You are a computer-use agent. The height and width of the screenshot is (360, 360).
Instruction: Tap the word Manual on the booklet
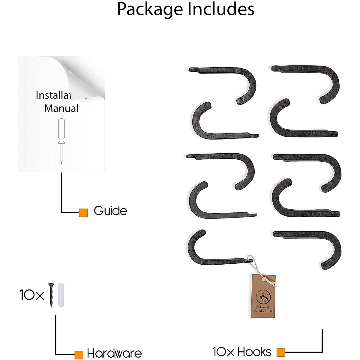click(61, 108)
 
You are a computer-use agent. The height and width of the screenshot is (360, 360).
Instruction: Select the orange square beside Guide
click(83, 213)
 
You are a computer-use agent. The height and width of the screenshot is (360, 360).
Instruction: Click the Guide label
click(110, 211)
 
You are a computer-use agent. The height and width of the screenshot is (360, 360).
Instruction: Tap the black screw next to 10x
click(51, 295)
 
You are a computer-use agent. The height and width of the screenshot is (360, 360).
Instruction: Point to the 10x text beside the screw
click(31, 295)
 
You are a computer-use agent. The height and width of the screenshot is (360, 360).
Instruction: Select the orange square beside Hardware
click(79, 355)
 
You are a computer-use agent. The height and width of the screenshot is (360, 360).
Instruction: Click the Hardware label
click(114, 353)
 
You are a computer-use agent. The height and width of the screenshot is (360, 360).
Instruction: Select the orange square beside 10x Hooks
click(281, 352)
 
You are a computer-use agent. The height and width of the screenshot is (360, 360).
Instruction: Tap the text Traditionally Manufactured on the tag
click(263, 309)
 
